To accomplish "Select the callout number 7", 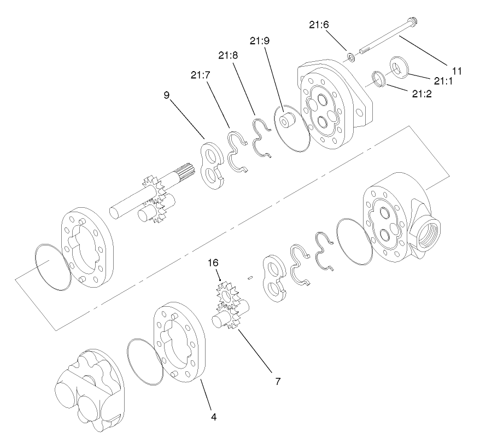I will (x=278, y=381).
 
